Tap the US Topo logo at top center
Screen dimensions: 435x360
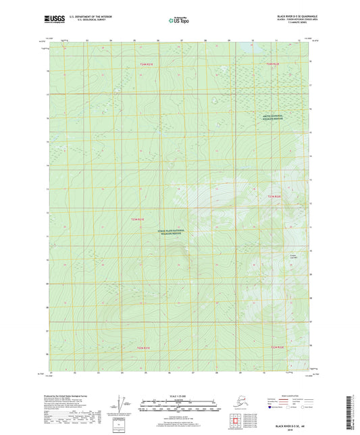[180, 21]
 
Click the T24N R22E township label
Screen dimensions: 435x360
[272, 63]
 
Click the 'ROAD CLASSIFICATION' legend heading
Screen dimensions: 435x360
[281, 391]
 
